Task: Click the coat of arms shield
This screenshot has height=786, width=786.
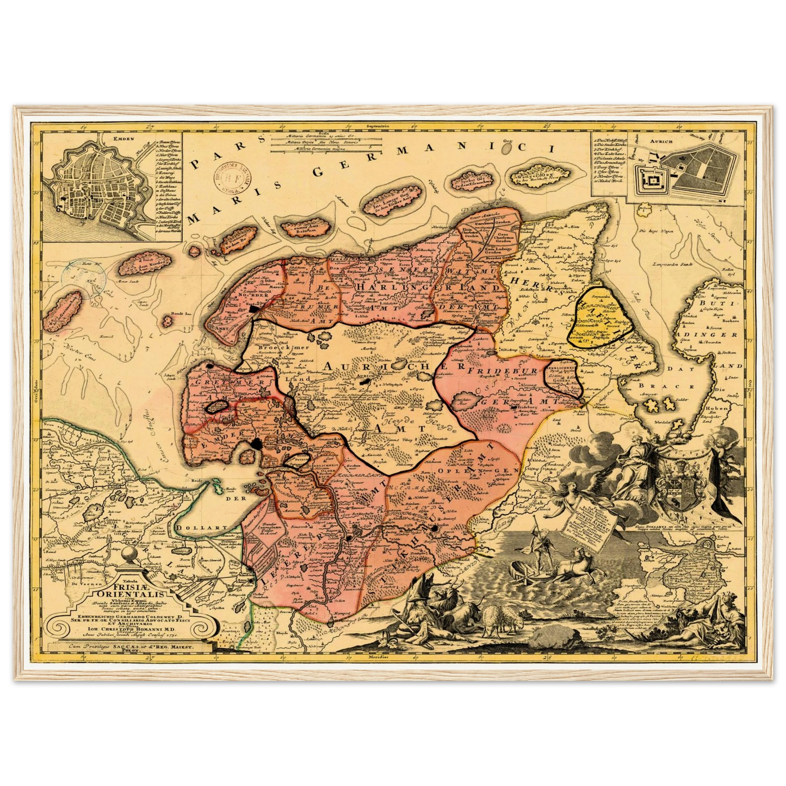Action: point(675,479)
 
